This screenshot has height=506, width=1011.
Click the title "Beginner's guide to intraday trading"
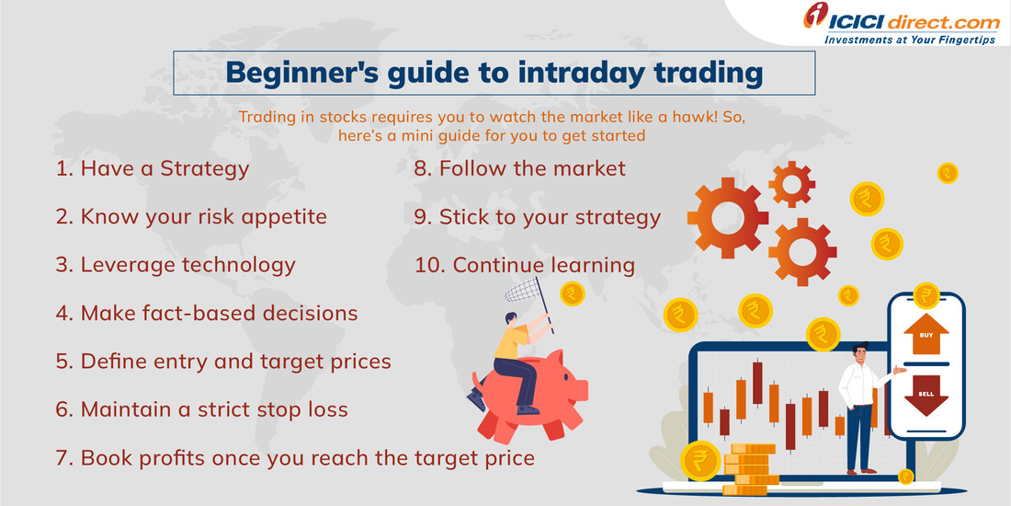click(494, 74)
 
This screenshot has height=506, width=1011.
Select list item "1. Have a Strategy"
click(153, 168)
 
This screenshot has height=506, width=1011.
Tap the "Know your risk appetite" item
click(190, 216)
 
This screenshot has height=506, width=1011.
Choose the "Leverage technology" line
click(176, 265)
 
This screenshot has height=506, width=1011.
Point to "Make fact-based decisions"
click(207, 313)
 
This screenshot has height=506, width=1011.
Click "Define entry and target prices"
click(223, 361)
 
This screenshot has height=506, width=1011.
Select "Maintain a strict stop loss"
click(202, 408)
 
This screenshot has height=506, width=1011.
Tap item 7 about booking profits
click(295, 456)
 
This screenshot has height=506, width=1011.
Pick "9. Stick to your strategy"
click(537, 216)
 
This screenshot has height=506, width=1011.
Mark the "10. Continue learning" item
click(524, 265)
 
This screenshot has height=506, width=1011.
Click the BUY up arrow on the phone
click(926, 335)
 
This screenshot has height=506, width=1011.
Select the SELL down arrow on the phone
click(926, 398)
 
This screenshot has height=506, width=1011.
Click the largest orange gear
click(728, 215)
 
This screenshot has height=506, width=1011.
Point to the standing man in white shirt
click(859, 405)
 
